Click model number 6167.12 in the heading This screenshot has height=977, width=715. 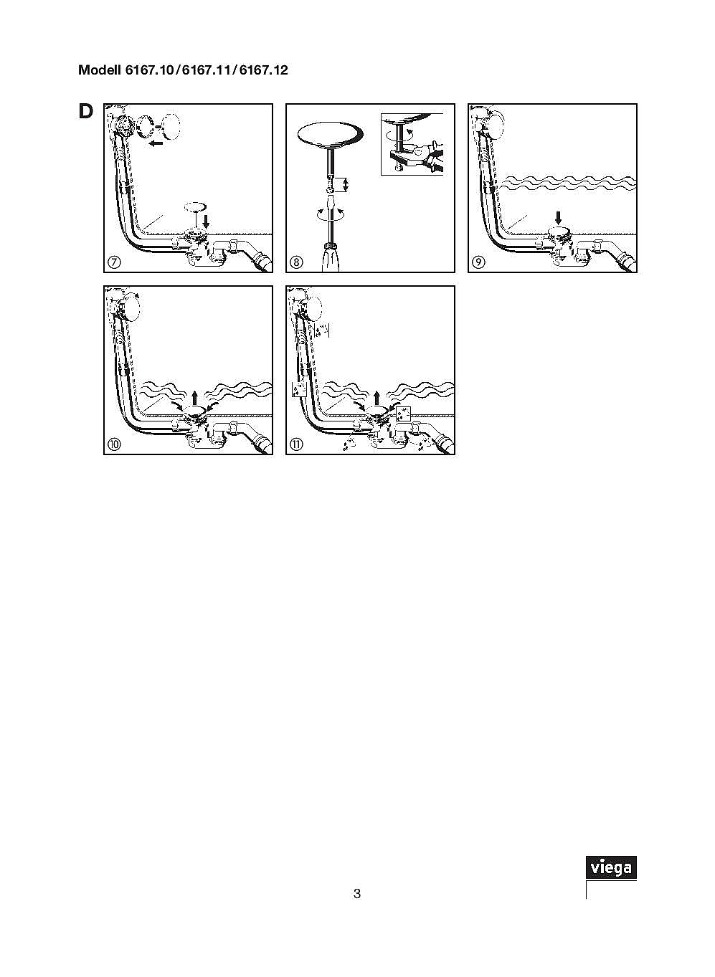coord(263,70)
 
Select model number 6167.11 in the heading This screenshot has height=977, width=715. coord(206,70)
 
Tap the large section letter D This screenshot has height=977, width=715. coord(85,112)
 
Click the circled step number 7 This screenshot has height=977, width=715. coord(114,262)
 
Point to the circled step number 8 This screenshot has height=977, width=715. coord(296,262)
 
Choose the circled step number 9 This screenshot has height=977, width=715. coord(478,262)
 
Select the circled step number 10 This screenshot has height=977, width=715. coord(114,444)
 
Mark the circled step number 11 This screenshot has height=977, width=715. coord(296,444)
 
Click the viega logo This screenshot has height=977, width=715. coord(611,867)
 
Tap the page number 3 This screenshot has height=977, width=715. coord(357,894)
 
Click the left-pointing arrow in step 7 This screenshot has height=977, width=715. coord(156,143)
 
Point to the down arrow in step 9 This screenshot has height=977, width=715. coord(558,218)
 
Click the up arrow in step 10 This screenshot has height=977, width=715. coord(194,398)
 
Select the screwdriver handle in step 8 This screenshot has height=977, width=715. coord(332,258)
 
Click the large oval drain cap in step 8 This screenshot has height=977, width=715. coord(330,134)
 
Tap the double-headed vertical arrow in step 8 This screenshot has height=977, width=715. coord(346,185)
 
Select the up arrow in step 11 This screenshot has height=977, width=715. coord(377,398)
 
